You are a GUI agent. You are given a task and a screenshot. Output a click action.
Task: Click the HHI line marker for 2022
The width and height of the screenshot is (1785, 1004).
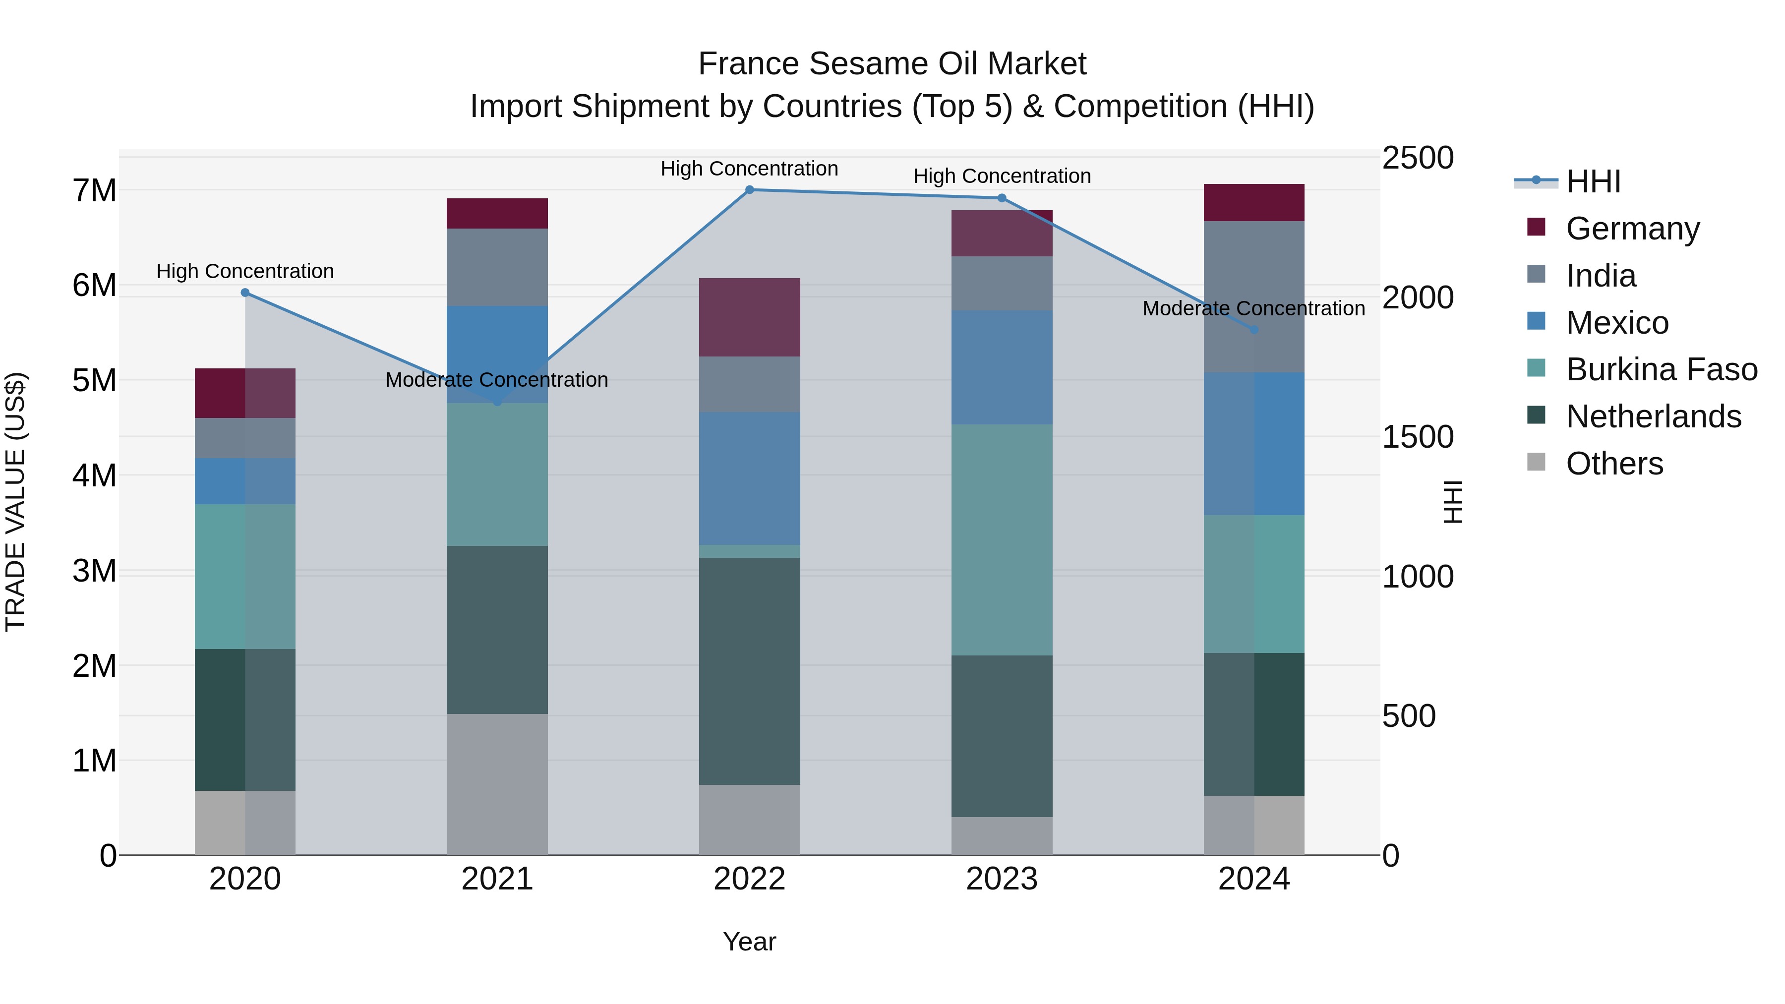click(749, 190)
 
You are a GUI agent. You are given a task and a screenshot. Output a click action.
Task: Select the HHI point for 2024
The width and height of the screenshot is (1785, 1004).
click(1253, 330)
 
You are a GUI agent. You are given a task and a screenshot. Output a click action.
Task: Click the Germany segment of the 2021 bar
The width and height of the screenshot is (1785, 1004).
click(497, 213)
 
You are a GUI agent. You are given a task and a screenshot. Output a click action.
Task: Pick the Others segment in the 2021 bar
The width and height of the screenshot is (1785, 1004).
click(497, 784)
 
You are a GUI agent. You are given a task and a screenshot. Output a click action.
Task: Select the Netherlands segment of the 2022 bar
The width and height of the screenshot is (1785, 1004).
click(749, 671)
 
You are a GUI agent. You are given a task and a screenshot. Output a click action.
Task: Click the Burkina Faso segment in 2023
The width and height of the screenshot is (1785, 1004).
click(1001, 540)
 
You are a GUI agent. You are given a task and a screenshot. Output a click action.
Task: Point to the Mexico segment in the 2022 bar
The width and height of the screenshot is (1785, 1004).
click(749, 478)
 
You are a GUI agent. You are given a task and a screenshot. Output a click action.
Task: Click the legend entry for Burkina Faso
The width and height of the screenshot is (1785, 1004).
click(1661, 369)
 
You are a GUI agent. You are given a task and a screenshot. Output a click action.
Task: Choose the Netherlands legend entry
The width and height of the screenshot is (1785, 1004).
click(1653, 416)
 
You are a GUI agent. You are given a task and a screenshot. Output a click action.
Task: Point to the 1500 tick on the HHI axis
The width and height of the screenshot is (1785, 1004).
click(1417, 437)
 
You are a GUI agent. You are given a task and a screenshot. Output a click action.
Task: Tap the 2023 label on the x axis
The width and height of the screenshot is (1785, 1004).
click(1001, 879)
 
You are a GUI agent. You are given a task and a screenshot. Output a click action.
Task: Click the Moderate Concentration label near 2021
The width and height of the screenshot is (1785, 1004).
click(497, 380)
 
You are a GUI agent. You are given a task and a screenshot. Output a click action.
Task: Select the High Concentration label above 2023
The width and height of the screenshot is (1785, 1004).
click(1001, 176)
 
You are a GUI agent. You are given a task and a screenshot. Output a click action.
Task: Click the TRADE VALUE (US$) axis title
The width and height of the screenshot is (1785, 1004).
click(15, 502)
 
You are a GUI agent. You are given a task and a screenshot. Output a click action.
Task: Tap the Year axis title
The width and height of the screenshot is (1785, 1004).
click(749, 942)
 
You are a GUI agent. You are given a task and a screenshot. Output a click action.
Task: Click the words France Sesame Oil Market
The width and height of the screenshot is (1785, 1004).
click(892, 64)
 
